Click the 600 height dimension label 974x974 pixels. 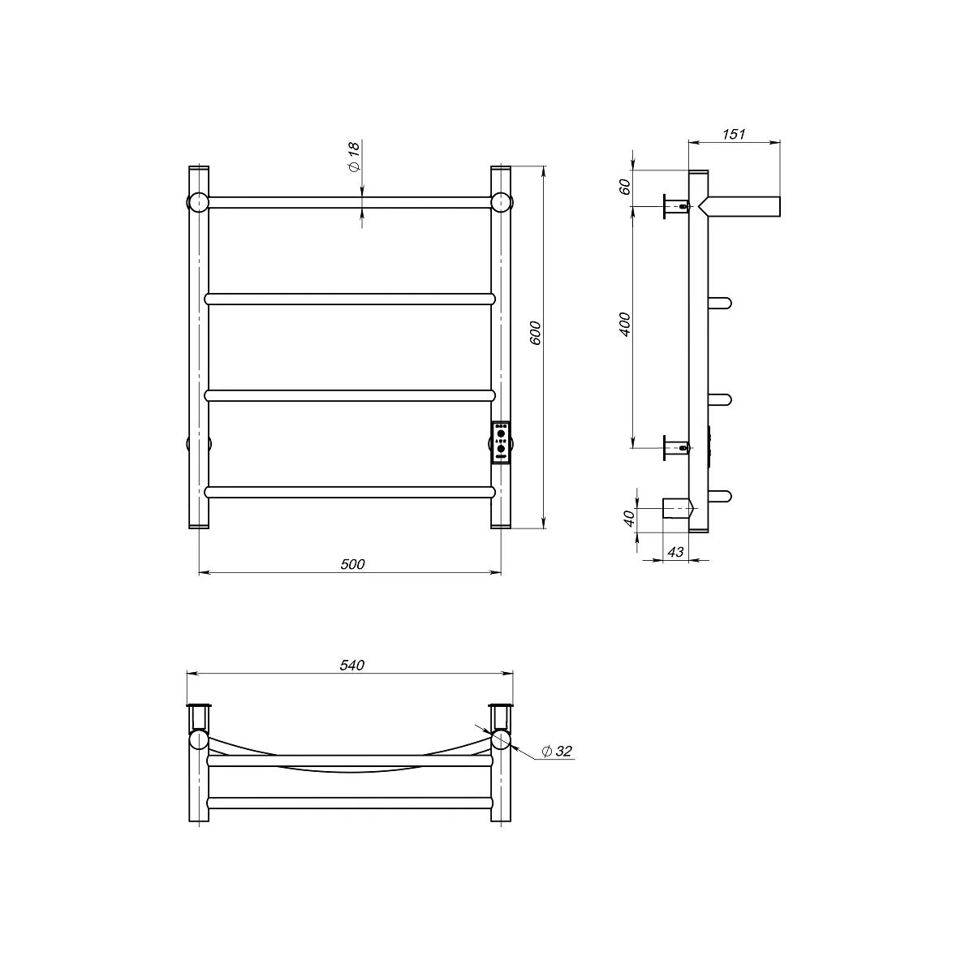tap(537, 333)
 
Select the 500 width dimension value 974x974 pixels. tap(352, 564)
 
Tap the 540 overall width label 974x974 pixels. tap(351, 666)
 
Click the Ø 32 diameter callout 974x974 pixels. tap(557, 765)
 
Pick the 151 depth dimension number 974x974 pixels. tap(734, 134)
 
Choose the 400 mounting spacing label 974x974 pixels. tap(625, 325)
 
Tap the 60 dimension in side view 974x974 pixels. tap(625, 187)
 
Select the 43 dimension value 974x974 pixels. tap(676, 552)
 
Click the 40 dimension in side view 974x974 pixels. tap(629, 519)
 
